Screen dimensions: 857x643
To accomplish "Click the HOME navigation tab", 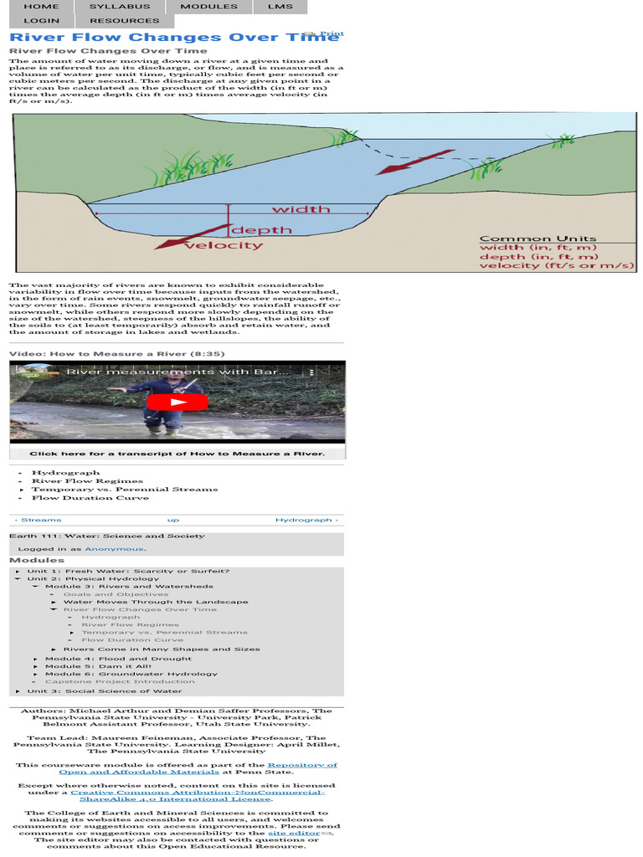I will pyautogui.click(x=41, y=7).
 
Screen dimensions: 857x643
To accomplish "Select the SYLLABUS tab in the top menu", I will pyautogui.click(x=120, y=7).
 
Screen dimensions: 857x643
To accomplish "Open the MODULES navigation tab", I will pyautogui.click(x=209, y=7).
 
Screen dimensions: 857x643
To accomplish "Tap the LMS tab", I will pyautogui.click(x=280, y=7).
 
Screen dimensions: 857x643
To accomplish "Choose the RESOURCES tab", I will pyautogui.click(x=124, y=21).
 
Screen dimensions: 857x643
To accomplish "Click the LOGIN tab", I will pyautogui.click(x=41, y=21).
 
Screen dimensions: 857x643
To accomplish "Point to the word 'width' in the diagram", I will pyautogui.click(x=301, y=209).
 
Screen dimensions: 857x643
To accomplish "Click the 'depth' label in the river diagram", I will pyautogui.click(x=261, y=230).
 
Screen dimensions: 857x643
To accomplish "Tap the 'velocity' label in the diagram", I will pyautogui.click(x=223, y=246).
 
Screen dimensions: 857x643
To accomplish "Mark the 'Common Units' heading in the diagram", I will pyautogui.click(x=538, y=239).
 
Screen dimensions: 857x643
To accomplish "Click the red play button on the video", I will pyautogui.click(x=177, y=402).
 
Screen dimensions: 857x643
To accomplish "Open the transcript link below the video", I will pyautogui.click(x=177, y=454).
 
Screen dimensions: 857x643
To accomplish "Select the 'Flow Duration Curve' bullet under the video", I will pyautogui.click(x=90, y=498).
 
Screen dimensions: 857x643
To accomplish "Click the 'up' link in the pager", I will pyautogui.click(x=173, y=520).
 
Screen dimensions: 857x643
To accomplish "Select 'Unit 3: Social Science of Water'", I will pyautogui.click(x=104, y=691).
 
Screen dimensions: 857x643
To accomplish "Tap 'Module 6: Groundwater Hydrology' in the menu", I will pyautogui.click(x=131, y=674).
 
